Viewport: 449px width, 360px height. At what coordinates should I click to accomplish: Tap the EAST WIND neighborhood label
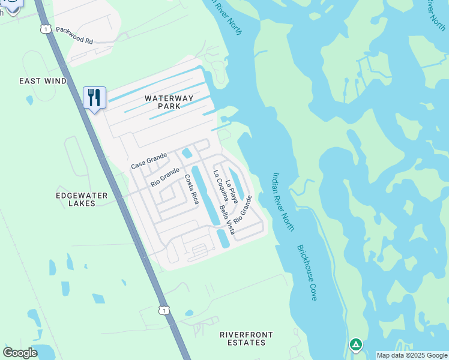43,81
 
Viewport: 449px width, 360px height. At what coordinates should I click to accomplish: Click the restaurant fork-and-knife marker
94,97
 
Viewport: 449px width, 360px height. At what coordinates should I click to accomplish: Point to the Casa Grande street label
148,161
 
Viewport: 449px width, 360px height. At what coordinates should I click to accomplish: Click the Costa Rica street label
191,189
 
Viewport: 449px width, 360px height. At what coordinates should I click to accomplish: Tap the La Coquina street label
220,185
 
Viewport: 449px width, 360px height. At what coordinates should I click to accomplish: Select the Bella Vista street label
227,220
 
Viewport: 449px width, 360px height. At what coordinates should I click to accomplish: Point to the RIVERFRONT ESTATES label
246,338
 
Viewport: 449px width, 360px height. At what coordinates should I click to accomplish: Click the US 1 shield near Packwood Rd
45,29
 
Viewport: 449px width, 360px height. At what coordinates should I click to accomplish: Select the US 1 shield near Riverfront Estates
164,310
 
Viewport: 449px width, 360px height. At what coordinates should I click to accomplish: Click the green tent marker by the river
356,344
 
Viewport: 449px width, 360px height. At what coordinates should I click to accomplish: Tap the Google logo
20,353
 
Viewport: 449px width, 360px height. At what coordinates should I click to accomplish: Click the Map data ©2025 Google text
411,355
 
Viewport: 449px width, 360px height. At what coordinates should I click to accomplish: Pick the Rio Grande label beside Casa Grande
165,177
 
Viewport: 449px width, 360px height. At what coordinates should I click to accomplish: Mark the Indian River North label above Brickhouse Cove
283,202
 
